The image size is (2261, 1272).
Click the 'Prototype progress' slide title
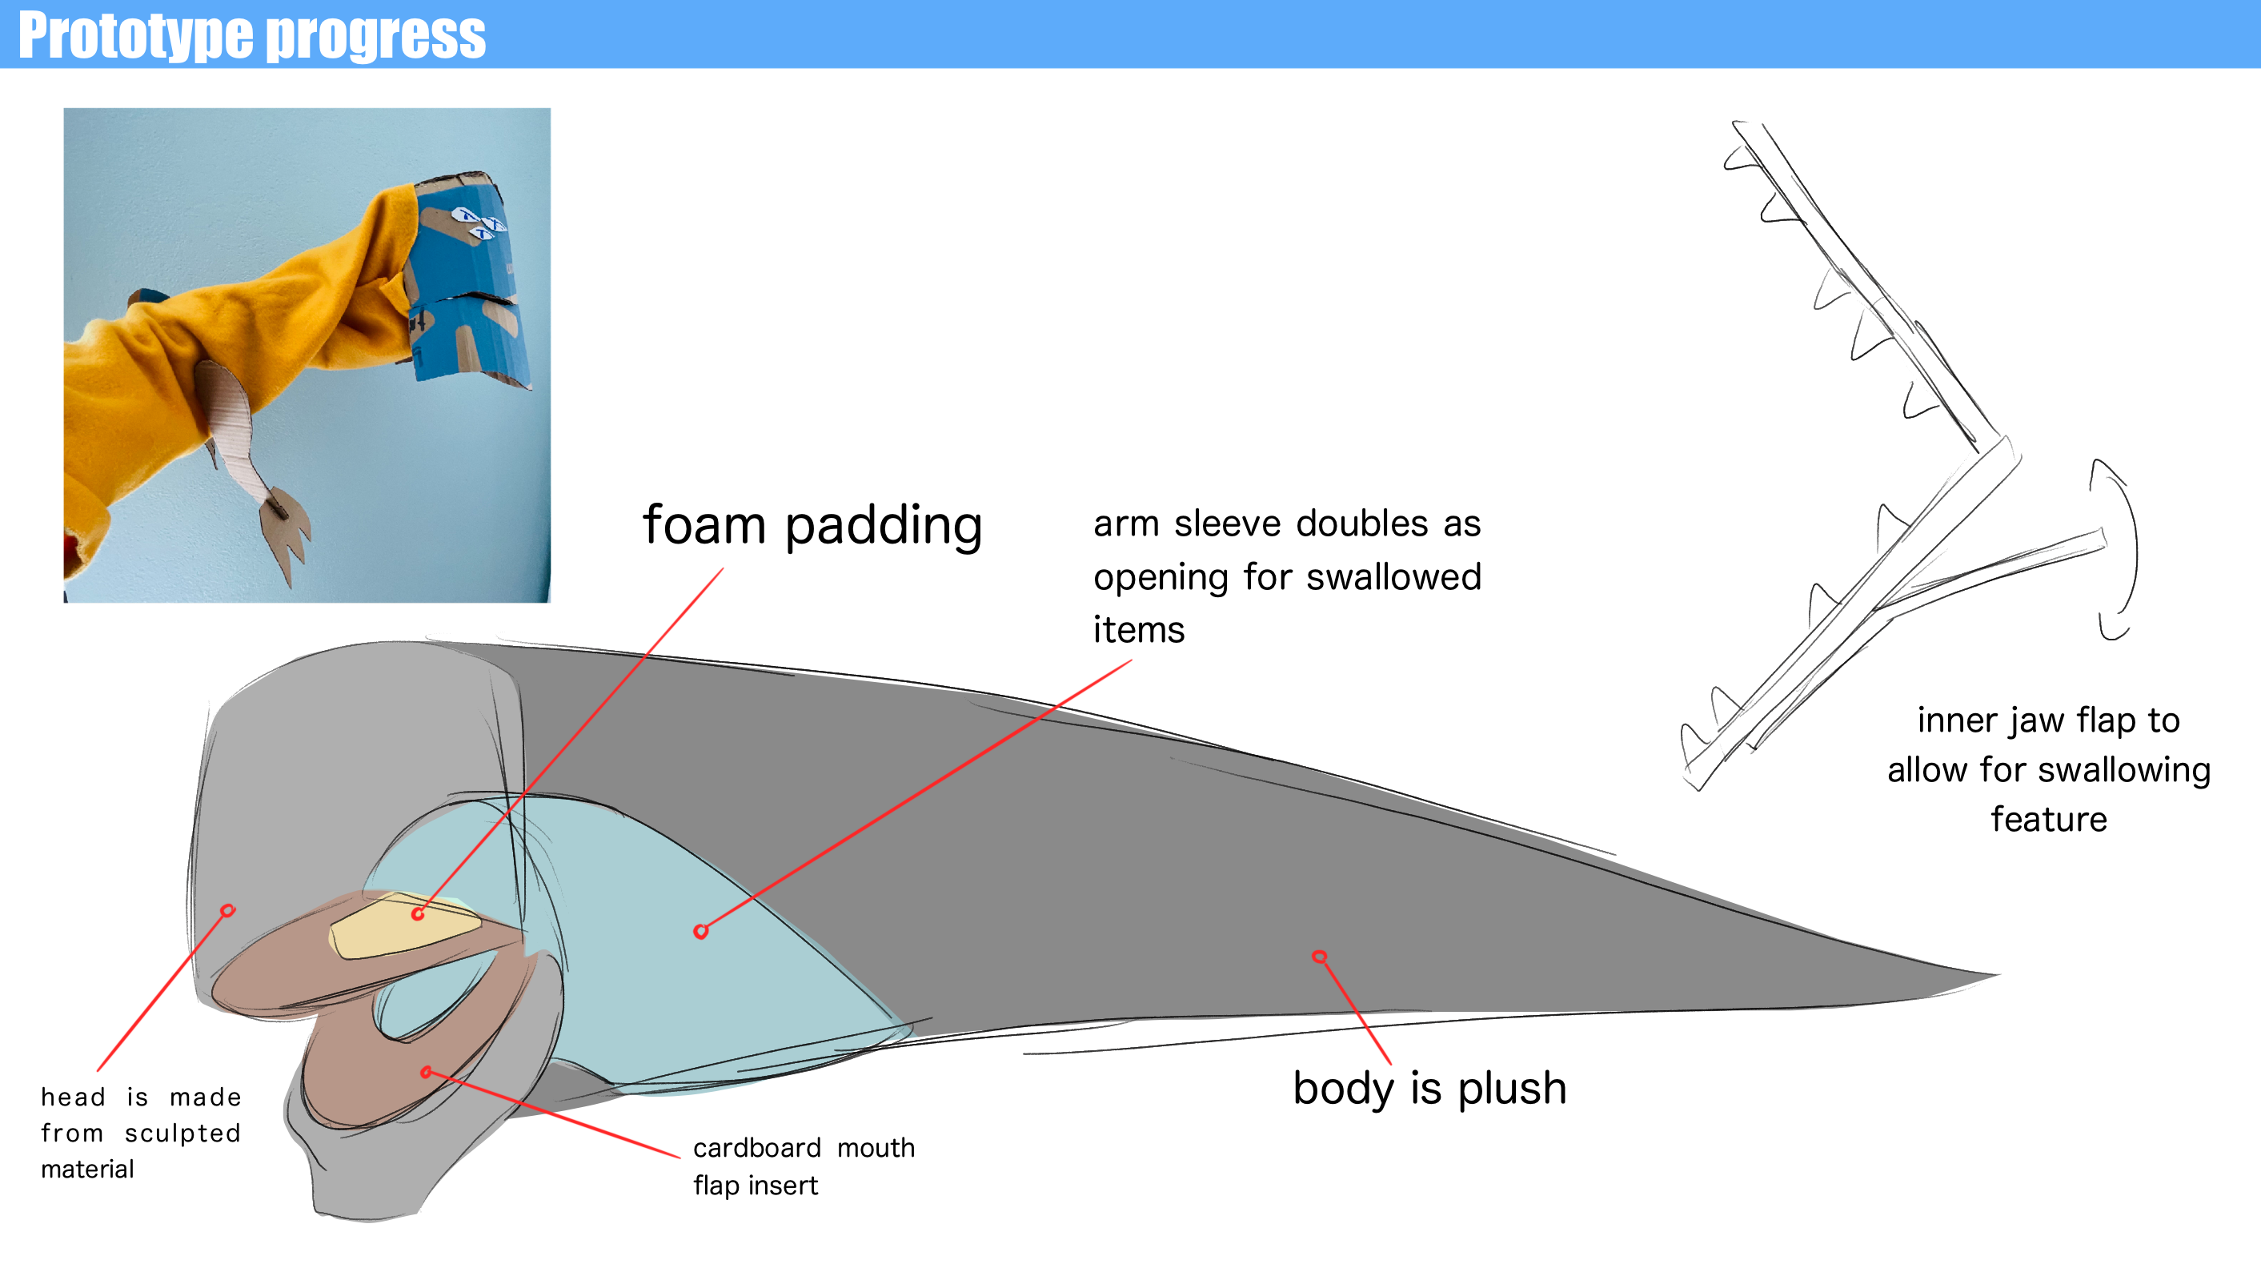tap(252, 35)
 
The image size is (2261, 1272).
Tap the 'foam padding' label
tap(812, 526)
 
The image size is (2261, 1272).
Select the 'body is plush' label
tap(1429, 1089)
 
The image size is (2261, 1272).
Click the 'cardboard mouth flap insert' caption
tap(804, 1166)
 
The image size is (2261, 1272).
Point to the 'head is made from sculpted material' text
tap(140, 1133)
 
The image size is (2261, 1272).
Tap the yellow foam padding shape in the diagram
tap(406, 925)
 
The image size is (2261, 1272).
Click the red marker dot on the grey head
tap(228, 910)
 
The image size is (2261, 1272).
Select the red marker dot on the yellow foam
tap(418, 914)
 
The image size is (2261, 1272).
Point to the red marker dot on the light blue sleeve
tap(700, 932)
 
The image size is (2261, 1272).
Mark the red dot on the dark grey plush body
tap(1319, 956)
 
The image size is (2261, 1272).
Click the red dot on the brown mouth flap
tap(426, 1072)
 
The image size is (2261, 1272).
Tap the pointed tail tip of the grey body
tap(1998, 974)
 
